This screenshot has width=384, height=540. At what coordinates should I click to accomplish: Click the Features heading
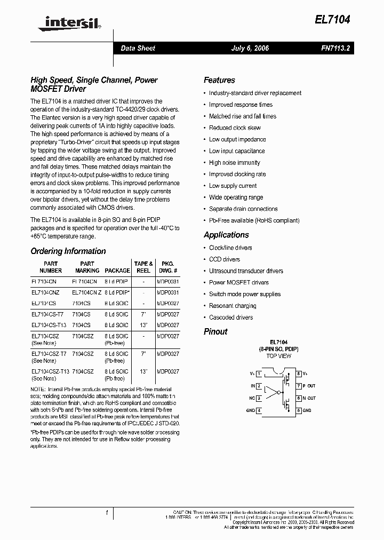click(219, 80)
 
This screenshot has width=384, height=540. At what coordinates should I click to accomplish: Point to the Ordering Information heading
click(68, 251)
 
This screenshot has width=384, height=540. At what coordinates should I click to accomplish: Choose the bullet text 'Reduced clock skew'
click(235, 128)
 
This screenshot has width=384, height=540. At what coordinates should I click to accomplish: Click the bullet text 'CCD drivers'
click(224, 259)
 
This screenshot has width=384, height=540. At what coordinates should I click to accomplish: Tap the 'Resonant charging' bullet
click(233, 306)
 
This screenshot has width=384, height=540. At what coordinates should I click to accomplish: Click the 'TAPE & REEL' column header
click(143, 267)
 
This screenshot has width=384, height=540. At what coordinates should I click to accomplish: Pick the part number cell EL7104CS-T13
click(49, 325)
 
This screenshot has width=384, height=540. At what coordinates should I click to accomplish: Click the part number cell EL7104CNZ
click(45, 292)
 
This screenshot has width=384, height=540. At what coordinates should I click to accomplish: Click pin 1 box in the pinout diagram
click(259, 374)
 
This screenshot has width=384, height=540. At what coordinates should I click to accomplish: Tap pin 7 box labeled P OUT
click(299, 386)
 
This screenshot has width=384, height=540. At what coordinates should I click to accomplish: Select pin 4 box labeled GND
click(259, 410)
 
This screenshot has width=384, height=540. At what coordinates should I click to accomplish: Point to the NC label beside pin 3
click(252, 398)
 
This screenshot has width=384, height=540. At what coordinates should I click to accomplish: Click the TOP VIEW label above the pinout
click(278, 356)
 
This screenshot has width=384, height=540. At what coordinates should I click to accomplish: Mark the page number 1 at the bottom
click(107, 513)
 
